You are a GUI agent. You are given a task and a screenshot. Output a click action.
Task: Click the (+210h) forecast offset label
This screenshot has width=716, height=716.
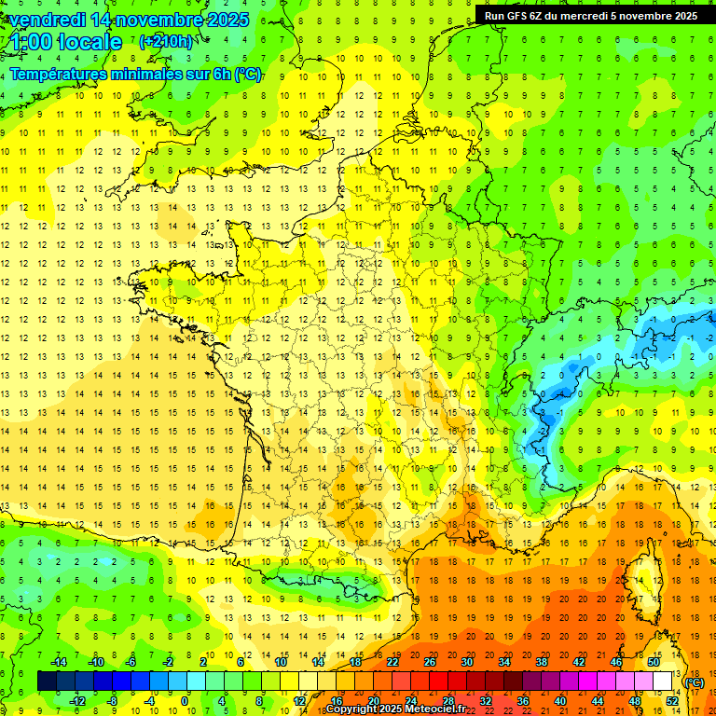click(167, 42)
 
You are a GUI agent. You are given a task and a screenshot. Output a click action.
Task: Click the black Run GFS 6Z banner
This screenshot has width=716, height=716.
click(590, 16)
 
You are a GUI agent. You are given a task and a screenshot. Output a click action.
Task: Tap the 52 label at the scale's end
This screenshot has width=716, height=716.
click(672, 701)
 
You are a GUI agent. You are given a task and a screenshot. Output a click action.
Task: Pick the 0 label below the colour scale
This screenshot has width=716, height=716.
click(186, 701)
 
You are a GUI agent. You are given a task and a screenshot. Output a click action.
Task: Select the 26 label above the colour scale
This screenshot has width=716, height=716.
click(429, 662)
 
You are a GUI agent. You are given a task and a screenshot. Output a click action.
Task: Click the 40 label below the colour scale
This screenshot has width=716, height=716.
click(560, 701)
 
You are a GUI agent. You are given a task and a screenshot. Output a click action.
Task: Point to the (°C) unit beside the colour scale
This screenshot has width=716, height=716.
click(695, 682)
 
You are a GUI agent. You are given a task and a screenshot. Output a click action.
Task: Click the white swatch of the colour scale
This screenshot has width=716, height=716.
click(663, 682)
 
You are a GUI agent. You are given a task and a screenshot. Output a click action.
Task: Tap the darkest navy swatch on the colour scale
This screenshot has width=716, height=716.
click(47, 682)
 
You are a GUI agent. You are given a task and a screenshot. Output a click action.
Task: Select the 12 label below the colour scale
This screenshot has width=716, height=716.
click(298, 701)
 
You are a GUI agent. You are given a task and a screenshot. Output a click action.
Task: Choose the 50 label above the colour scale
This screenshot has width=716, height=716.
click(654, 662)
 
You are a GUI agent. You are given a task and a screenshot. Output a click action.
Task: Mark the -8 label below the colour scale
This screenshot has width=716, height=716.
click(112, 701)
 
